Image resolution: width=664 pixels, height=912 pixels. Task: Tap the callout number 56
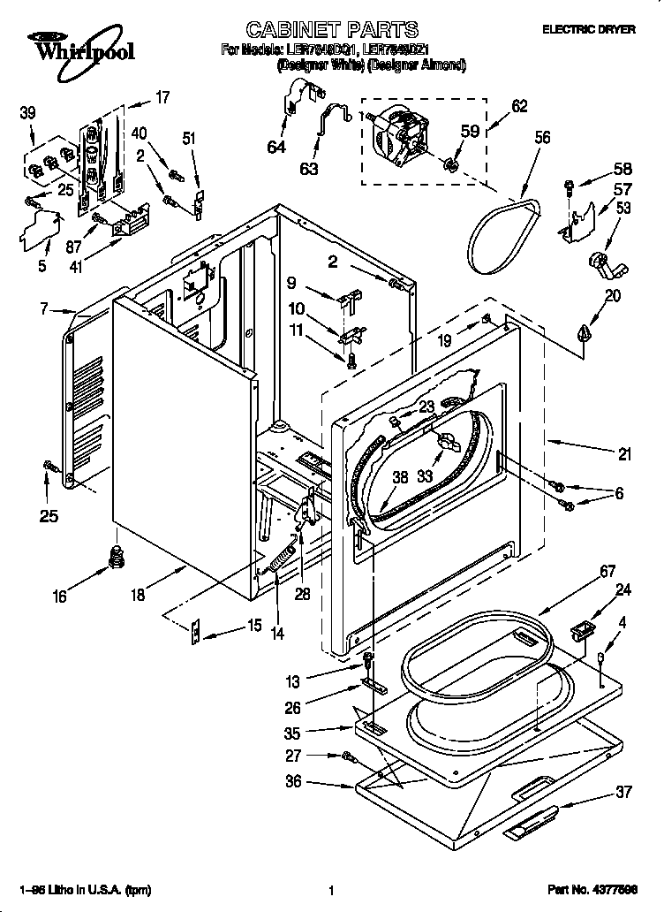[542, 137]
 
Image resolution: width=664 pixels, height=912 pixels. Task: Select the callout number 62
[519, 107]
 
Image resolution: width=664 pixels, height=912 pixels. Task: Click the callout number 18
[138, 596]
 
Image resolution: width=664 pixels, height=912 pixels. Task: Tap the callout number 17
[162, 98]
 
